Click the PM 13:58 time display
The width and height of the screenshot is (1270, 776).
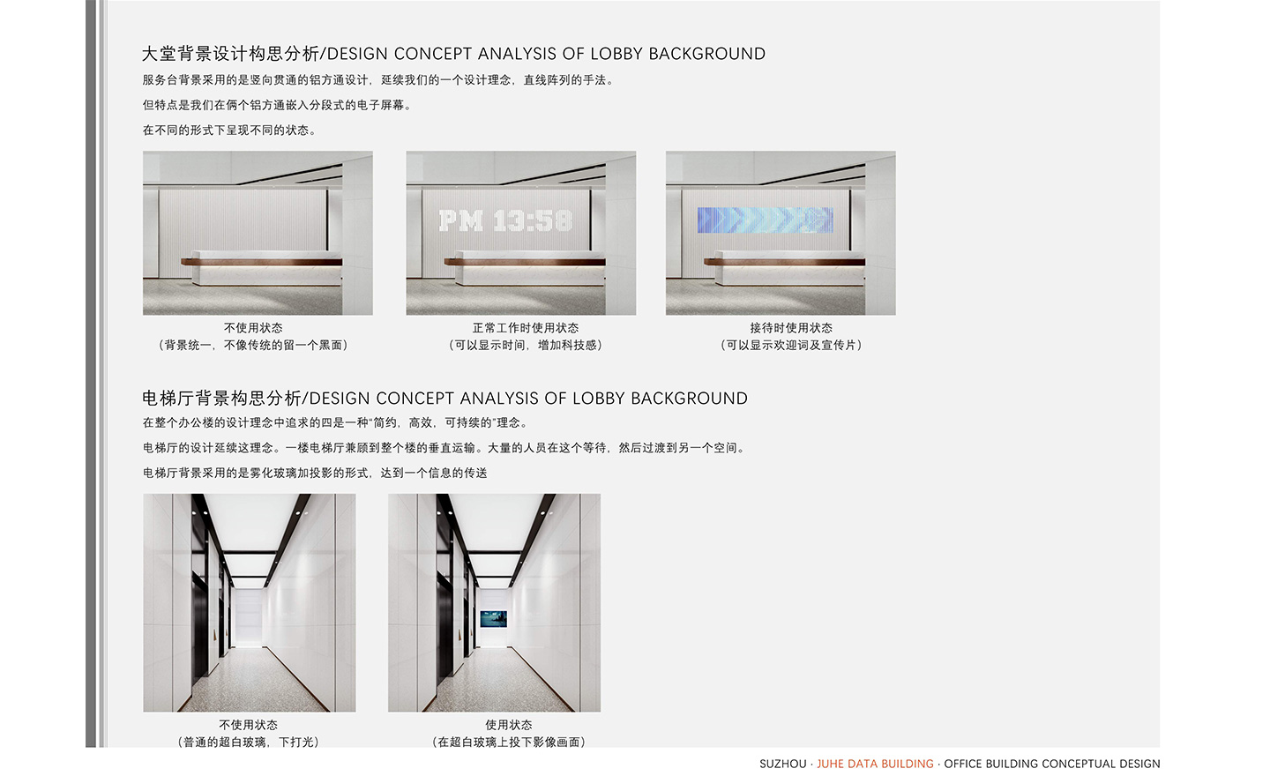[505, 220]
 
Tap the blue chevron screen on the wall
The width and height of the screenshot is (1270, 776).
[765, 220]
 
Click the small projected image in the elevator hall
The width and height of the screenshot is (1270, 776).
[493, 618]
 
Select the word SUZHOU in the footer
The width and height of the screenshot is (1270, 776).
[782, 764]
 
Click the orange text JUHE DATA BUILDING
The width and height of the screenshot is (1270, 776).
[875, 764]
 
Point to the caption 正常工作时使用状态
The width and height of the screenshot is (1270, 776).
[526, 328]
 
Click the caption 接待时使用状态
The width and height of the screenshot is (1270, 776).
[791, 328]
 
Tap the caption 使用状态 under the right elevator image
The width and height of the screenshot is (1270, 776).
[509, 725]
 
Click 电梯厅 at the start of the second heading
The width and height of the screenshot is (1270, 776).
[168, 399]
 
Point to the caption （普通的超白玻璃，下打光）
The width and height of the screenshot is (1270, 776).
[249, 742]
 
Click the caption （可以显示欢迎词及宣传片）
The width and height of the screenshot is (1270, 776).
[791, 345]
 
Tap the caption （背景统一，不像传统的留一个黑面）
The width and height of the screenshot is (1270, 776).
[253, 345]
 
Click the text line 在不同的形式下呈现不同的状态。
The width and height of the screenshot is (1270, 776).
[229, 131]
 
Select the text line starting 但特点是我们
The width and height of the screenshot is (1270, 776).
[277, 106]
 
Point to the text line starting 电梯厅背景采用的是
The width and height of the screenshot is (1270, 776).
[315, 473]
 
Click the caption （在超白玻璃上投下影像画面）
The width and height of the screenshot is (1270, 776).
[509, 742]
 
